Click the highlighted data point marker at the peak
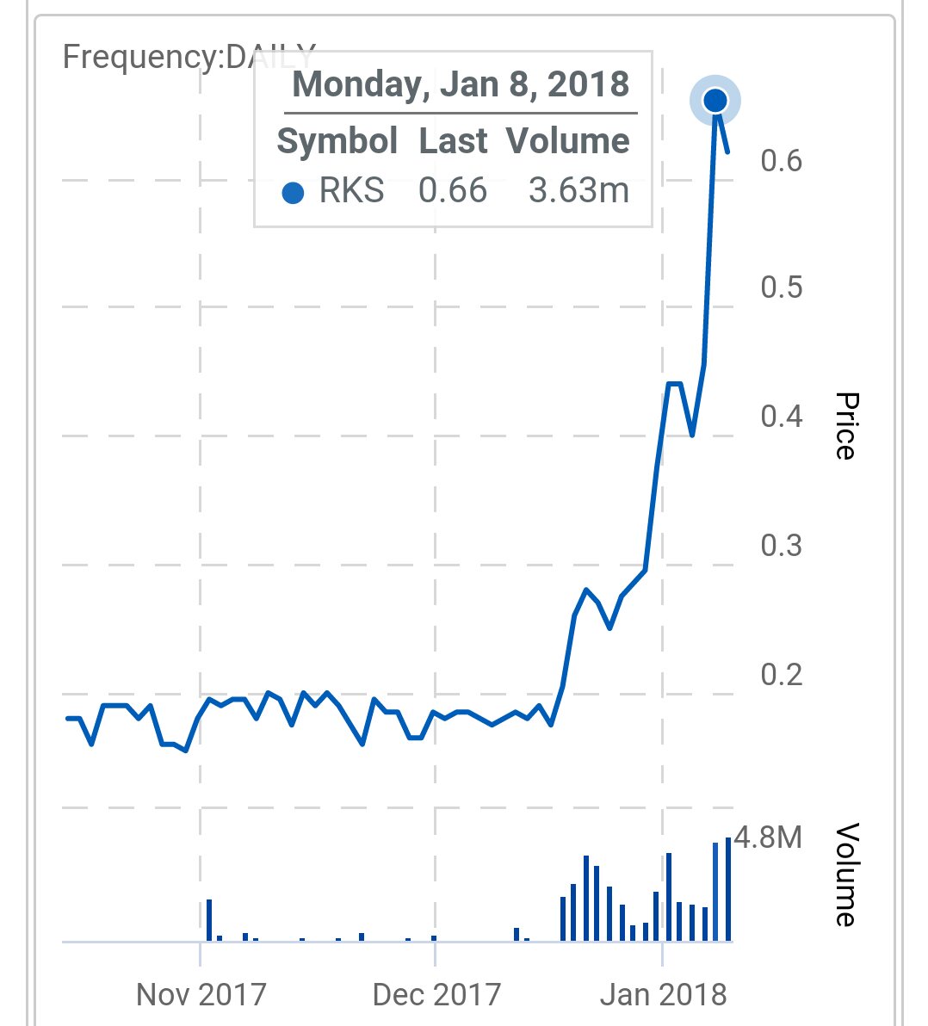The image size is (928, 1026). [x=715, y=101]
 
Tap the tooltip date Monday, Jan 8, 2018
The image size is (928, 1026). [x=461, y=85]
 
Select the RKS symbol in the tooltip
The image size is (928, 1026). [x=351, y=190]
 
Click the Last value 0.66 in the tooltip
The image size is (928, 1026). [x=453, y=190]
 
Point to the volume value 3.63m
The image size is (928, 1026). [x=578, y=190]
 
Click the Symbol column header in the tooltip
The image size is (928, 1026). [x=337, y=141]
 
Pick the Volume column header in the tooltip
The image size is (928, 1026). [x=567, y=141]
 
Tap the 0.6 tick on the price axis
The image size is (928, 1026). [x=781, y=160]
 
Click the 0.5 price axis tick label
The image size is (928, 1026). [x=781, y=287]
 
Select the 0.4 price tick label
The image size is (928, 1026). [x=781, y=417]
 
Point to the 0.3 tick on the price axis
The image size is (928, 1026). [x=781, y=545]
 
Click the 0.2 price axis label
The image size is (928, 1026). [x=781, y=674]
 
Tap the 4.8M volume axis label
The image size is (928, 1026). [x=768, y=837]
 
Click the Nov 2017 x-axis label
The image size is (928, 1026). [x=201, y=995]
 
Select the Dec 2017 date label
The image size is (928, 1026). [x=436, y=995]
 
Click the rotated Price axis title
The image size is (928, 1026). [x=846, y=426]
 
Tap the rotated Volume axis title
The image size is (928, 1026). [x=846, y=875]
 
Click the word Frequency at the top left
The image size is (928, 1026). [x=141, y=59]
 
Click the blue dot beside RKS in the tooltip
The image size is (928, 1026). [x=293, y=193]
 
